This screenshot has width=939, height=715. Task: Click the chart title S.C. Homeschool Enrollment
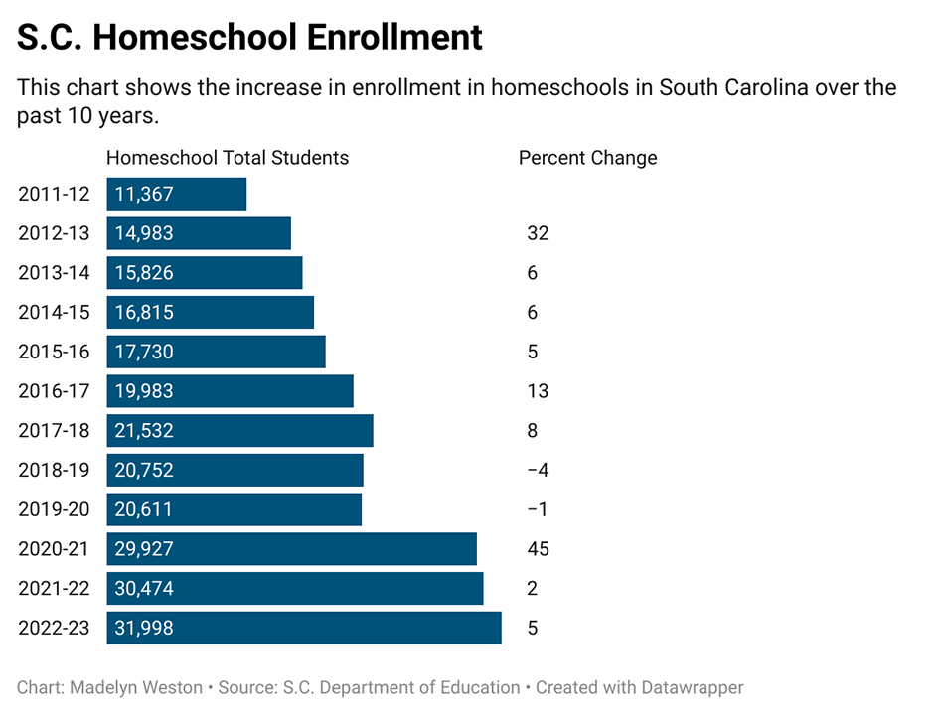(249, 37)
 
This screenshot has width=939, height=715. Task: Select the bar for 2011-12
(177, 194)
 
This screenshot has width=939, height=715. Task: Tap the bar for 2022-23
(304, 629)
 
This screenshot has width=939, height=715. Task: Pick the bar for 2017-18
(240, 431)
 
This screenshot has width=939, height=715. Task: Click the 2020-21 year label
(54, 549)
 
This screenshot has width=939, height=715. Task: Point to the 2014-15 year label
(54, 313)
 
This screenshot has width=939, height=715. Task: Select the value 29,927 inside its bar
(144, 549)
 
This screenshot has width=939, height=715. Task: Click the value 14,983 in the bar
(144, 233)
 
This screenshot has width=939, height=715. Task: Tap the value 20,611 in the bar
(144, 509)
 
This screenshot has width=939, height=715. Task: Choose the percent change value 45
(538, 549)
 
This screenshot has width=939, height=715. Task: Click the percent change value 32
(538, 233)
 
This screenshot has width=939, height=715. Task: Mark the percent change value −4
(538, 470)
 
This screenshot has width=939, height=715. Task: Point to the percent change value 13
(538, 391)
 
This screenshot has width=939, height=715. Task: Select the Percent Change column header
(587, 158)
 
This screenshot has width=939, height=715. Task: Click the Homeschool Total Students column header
(228, 158)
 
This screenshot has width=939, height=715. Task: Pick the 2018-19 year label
(54, 470)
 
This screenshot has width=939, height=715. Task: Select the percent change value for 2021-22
(533, 589)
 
